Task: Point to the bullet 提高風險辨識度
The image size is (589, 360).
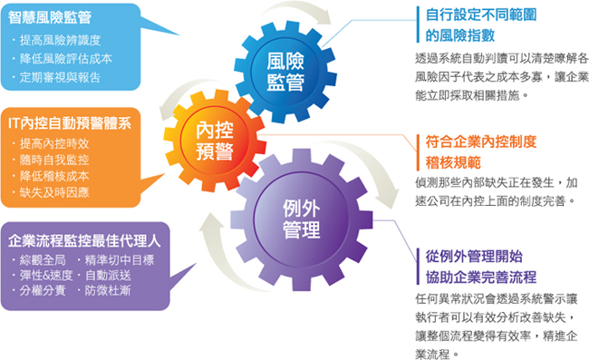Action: point(63,41)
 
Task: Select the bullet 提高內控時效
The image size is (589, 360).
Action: point(54,143)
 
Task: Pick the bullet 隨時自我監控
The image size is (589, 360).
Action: point(54,160)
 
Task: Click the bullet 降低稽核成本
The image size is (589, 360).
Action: point(54,176)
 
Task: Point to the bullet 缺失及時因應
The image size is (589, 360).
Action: point(54,192)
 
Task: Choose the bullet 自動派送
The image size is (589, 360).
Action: point(107,277)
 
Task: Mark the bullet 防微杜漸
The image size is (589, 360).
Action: point(107,292)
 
